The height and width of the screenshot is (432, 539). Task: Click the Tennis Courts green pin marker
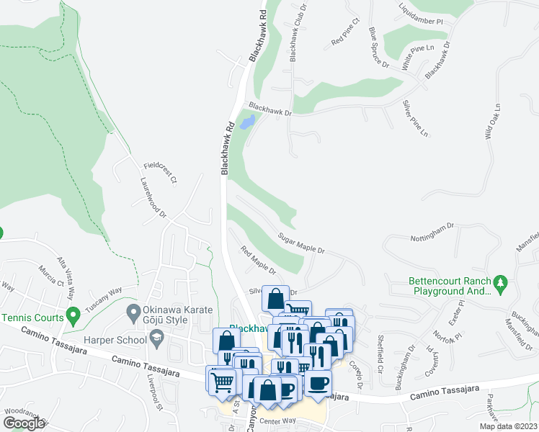click(72, 315)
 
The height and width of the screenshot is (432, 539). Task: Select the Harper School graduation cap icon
click(155, 337)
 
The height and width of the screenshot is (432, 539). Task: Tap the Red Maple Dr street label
click(259, 260)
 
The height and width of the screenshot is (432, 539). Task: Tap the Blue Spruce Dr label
click(379, 48)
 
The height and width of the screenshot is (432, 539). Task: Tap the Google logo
click(23, 423)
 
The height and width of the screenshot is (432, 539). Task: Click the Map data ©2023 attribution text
click(509, 426)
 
